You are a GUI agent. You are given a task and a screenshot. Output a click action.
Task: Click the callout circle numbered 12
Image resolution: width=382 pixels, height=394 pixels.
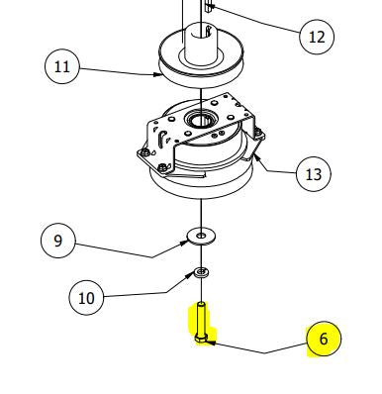[x=316, y=37]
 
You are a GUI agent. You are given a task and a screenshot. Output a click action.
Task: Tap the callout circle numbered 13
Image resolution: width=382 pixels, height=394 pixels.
[x=314, y=174]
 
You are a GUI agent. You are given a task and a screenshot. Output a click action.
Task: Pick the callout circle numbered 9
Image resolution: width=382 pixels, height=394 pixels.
[x=58, y=241]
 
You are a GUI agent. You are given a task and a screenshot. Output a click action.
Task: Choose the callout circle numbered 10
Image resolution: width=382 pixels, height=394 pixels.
[x=87, y=295]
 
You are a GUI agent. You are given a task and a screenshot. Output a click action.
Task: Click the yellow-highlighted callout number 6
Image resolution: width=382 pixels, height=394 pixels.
[x=324, y=339]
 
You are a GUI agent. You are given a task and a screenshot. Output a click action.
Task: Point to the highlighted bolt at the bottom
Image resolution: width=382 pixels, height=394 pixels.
[x=202, y=321]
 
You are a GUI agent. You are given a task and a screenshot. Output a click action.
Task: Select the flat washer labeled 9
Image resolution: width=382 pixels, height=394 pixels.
[x=202, y=236]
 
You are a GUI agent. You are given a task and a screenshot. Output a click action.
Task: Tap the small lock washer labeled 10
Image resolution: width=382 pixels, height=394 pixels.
[x=202, y=270]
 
